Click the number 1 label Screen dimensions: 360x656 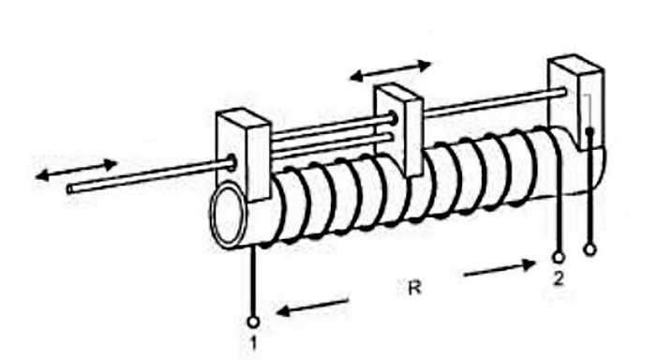[x=253, y=342]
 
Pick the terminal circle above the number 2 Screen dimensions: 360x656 [x=559, y=255]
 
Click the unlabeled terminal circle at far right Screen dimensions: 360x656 [x=589, y=249]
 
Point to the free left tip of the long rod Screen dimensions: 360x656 [x=70, y=188]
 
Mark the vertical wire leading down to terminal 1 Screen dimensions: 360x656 [x=253, y=281]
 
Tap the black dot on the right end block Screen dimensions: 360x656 [x=589, y=132]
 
